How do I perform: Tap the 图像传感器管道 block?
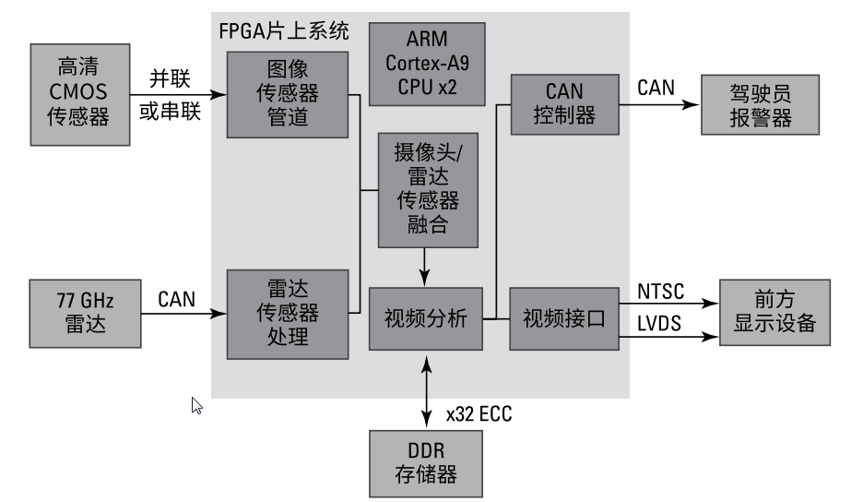[x=287, y=95]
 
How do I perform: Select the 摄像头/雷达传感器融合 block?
[x=428, y=189]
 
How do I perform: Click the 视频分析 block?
[x=426, y=319]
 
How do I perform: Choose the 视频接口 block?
[x=562, y=319]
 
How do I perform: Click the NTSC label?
[x=661, y=293]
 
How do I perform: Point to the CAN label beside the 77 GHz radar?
[x=176, y=299]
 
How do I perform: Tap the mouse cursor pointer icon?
[x=196, y=405]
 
